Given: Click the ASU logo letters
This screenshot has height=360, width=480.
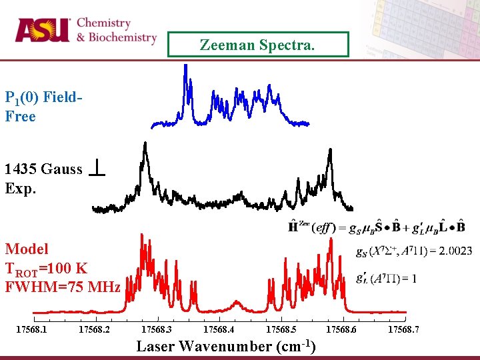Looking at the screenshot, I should pos(42,30).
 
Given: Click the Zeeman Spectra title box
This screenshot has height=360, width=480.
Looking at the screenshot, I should pos(257,45).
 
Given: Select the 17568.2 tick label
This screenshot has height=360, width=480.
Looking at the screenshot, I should pos(95,329).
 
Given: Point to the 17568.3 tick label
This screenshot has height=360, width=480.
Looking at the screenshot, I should pos(157,329).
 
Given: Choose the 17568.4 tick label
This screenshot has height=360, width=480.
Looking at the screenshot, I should pos(219,329).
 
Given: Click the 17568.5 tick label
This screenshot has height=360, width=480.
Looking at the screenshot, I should pos(282,329).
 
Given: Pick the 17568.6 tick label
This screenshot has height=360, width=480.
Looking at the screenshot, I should pos(342,329).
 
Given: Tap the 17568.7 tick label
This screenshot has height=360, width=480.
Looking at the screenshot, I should pos(403,329).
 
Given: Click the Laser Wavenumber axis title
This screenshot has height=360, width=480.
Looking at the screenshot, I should pos(225,347).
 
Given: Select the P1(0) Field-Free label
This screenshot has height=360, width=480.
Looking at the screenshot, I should pos(43,107).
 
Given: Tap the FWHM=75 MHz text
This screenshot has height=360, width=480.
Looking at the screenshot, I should pos(63,287).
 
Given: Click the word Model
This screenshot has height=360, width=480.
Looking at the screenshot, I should pos(27,249).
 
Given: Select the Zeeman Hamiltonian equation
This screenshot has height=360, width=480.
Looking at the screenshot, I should pos(377,227).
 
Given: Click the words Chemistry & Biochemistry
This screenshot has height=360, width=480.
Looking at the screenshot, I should pos(117,31).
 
